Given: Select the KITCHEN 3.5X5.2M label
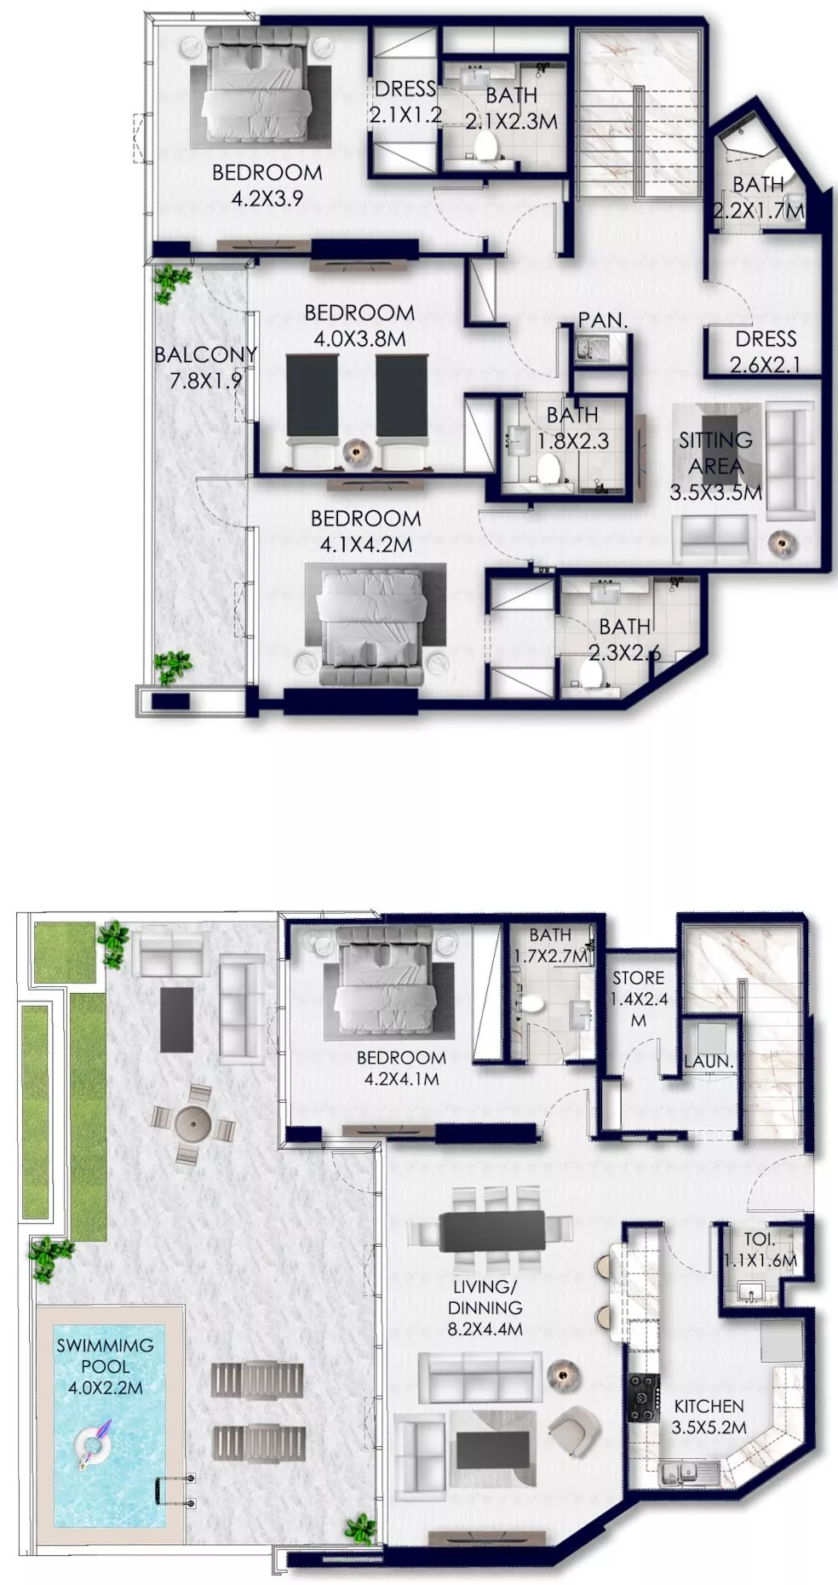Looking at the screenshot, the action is coord(709,1416).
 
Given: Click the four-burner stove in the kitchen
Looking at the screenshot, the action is coord(644,1398).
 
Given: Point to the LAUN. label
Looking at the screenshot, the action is coord(709,1061).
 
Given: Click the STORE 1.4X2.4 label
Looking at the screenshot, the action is coord(638,998).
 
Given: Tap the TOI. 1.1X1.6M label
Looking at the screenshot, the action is coord(760,1250).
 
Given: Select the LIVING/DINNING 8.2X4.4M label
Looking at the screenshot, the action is coord(485,1307).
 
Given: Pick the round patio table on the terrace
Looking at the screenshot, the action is coord(193,1124).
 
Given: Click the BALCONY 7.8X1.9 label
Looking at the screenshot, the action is coord(205,367).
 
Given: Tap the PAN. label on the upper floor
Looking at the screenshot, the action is coord(602,320).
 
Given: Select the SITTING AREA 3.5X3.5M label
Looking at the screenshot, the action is coord(716,466).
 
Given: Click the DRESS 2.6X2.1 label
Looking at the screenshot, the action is coord(766,352).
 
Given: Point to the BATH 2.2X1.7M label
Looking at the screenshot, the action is coord(758,197).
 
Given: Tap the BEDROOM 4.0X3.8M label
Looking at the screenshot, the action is coord(359,325).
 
